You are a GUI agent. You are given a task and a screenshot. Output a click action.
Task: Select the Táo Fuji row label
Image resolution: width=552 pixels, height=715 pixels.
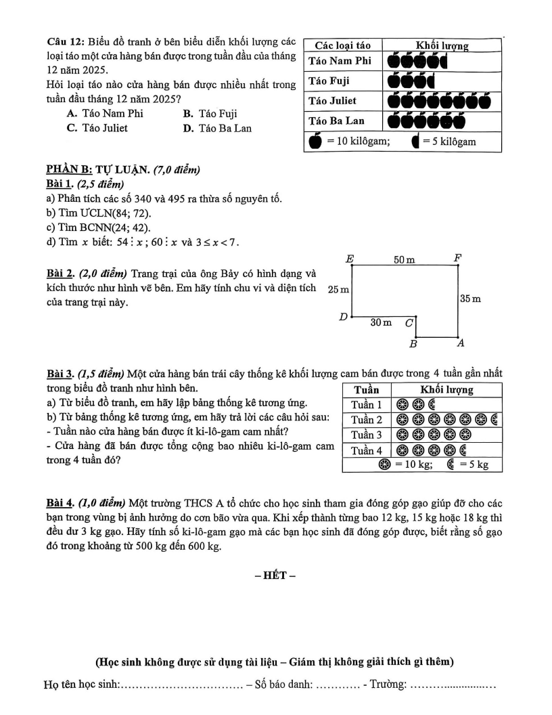click(330, 81)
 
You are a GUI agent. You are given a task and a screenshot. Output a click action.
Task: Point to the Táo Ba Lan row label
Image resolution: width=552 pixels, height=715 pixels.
click(336, 121)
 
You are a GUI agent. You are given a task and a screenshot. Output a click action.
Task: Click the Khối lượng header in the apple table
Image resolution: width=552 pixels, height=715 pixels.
click(442, 45)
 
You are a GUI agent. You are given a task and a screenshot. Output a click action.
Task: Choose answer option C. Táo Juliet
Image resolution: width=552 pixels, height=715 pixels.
click(97, 127)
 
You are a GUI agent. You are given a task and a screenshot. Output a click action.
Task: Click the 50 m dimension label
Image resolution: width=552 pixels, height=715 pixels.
click(404, 259)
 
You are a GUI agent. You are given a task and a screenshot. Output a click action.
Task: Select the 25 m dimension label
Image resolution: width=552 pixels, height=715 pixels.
click(338, 290)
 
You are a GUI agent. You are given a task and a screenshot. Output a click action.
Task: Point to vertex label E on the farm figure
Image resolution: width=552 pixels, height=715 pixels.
click(350, 258)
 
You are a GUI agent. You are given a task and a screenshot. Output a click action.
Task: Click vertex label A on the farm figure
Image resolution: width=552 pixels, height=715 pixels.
click(460, 343)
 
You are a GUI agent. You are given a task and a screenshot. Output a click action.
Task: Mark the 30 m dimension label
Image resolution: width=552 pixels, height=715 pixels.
click(381, 323)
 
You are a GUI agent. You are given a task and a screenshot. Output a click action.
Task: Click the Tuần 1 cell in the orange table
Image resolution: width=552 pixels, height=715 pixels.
click(366, 405)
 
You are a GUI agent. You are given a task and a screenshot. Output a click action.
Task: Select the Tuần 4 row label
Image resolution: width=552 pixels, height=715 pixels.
click(366, 450)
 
